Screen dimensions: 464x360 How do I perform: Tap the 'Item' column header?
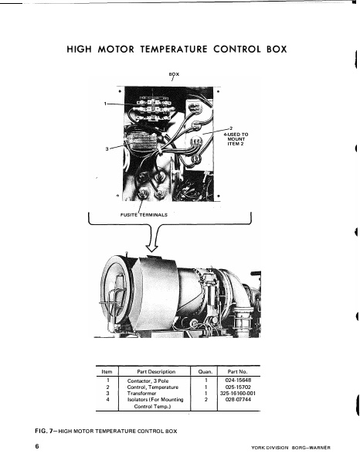coord(107,372)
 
